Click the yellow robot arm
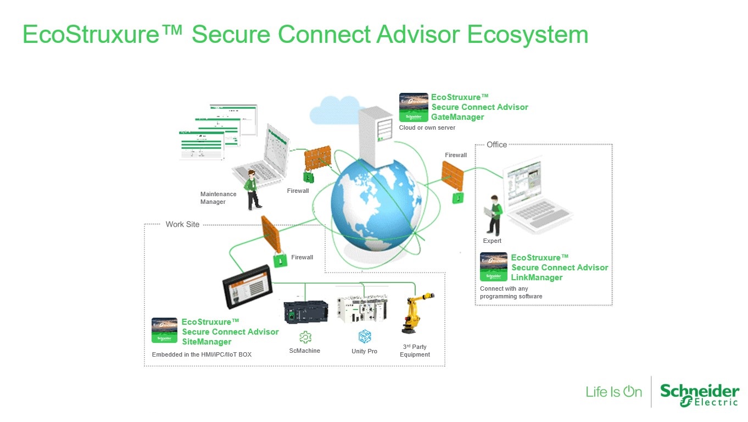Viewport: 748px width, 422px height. pos(415,313)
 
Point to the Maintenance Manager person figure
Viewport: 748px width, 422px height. pos(253,190)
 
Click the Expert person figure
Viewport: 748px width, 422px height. pos(494,215)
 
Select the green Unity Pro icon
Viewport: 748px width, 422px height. pos(365,336)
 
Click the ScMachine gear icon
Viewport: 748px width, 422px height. pos(305,337)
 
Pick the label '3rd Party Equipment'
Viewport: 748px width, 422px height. pos(415,351)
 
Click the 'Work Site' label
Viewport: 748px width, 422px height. pos(182,224)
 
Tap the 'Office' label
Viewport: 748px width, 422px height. pos(496,145)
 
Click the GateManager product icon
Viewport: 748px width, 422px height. pos(414,107)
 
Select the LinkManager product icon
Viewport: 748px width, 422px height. pos(493,267)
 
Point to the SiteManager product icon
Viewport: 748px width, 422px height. pos(164,330)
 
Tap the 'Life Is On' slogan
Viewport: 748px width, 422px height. pos(613,392)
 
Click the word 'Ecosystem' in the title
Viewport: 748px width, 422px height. pos(527,34)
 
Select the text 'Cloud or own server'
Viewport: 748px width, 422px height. pos(427,127)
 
